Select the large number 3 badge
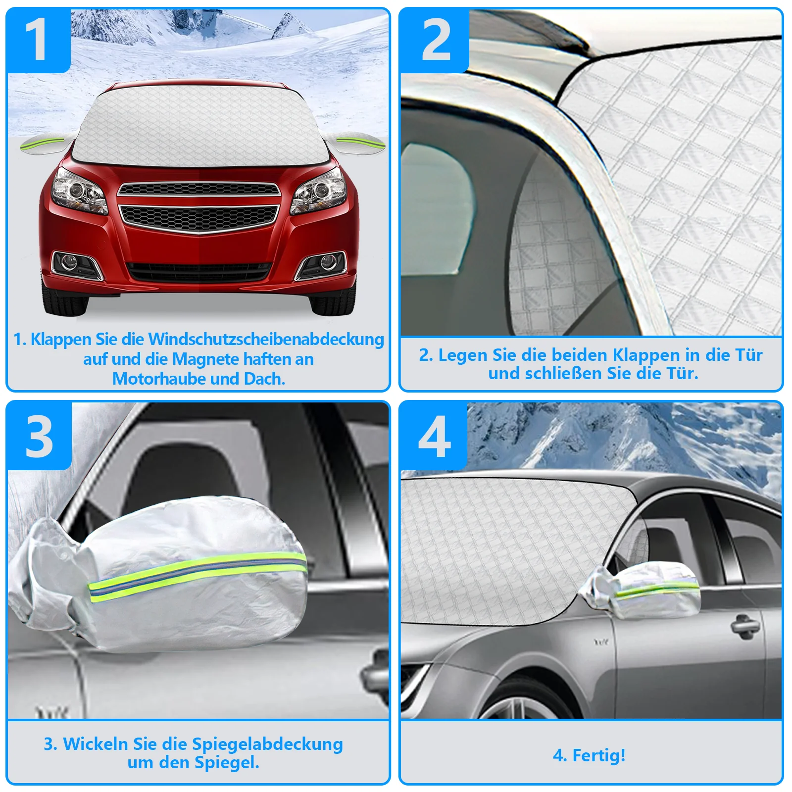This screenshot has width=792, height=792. (39, 436)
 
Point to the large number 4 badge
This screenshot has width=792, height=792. (434, 436)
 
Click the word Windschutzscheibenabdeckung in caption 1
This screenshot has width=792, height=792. (266, 340)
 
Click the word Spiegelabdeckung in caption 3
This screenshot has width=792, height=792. (267, 744)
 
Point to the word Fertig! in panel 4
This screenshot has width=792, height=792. (599, 755)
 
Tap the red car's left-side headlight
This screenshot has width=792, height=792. (79, 192)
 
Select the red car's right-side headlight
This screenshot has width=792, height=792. (319, 192)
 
